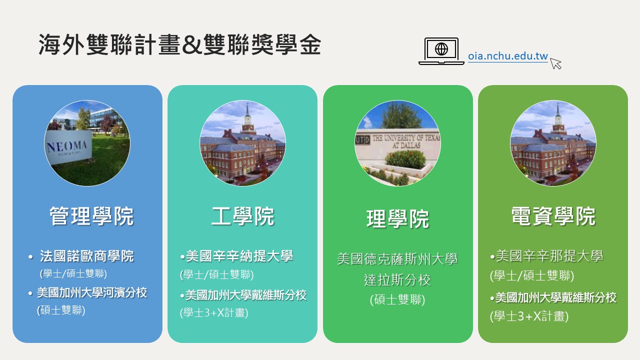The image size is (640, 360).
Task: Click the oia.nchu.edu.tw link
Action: [x=507, y=56]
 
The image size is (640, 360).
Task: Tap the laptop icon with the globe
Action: [x=441, y=51]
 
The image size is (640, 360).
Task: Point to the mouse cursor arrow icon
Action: [x=555, y=63]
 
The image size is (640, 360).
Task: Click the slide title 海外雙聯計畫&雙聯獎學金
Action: [x=180, y=44]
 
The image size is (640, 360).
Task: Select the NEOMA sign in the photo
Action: [x=68, y=147]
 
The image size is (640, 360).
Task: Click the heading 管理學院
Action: [x=91, y=216]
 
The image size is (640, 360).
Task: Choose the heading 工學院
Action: [x=243, y=216]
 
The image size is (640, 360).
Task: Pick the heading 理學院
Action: [x=397, y=219]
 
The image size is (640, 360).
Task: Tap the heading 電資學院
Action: [x=553, y=216]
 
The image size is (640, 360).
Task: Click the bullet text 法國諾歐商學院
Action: [x=87, y=256]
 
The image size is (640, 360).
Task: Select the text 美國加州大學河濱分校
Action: [x=92, y=292]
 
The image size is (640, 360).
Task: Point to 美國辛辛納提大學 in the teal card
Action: [x=239, y=256]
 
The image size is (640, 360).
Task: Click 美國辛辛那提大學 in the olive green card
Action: [x=549, y=255]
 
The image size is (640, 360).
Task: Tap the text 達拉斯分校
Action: [x=397, y=279]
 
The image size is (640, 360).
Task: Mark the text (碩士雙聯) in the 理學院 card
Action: [x=397, y=299]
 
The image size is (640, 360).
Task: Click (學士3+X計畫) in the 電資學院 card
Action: [x=529, y=316]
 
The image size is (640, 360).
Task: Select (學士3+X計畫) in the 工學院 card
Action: [x=214, y=312]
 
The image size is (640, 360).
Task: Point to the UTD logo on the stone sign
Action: [x=362, y=140]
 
